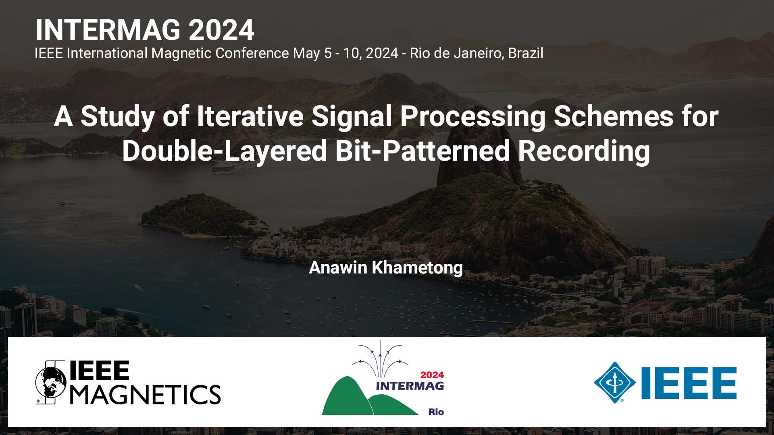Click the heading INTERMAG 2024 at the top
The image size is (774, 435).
pyautogui.click(x=145, y=30)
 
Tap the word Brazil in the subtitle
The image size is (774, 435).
pyautogui.click(x=526, y=53)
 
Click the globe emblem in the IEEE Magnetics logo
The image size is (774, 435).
pyautogui.click(x=51, y=382)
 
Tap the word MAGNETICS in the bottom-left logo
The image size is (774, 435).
pyautogui.click(x=146, y=394)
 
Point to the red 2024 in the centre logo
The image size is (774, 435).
pyautogui.click(x=432, y=375)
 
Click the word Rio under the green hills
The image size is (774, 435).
pyautogui.click(x=436, y=412)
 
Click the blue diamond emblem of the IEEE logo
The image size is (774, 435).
pyautogui.click(x=615, y=383)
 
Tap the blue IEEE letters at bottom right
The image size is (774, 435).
pyautogui.click(x=689, y=383)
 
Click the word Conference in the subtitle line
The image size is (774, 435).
pyautogui.click(x=252, y=53)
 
